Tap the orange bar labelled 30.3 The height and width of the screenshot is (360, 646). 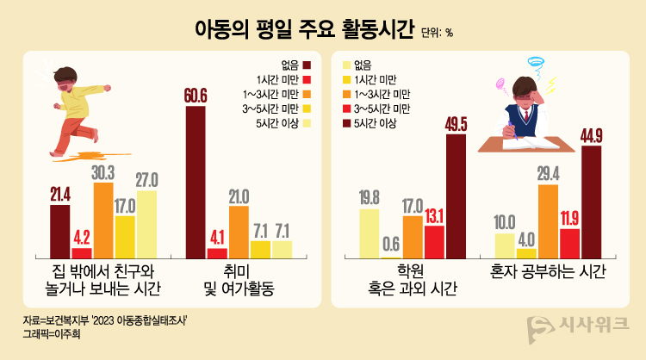point(103,220)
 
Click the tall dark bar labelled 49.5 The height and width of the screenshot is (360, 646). point(457,196)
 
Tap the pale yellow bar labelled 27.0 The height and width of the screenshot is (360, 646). point(147,224)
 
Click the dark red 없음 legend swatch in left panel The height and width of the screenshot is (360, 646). point(307,64)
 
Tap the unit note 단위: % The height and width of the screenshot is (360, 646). point(438,33)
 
